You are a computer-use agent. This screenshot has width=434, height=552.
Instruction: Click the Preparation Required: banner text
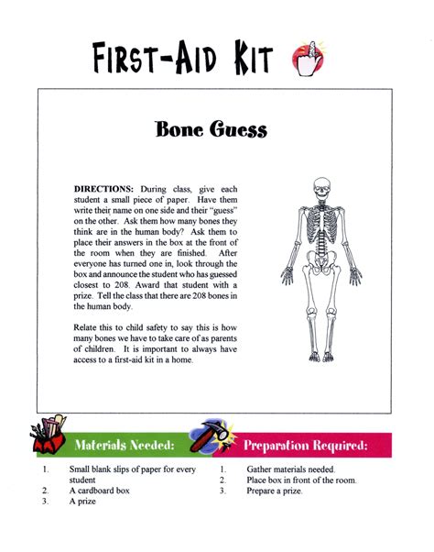(305, 447)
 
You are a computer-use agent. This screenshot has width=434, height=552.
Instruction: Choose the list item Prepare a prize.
(274, 491)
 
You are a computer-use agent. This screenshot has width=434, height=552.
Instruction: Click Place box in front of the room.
(301, 480)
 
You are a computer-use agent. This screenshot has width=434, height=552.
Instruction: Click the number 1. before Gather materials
(222, 469)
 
